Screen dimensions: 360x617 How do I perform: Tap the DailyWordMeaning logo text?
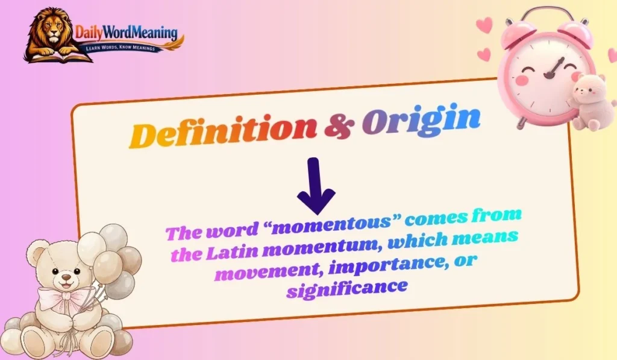tap(126, 33)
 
